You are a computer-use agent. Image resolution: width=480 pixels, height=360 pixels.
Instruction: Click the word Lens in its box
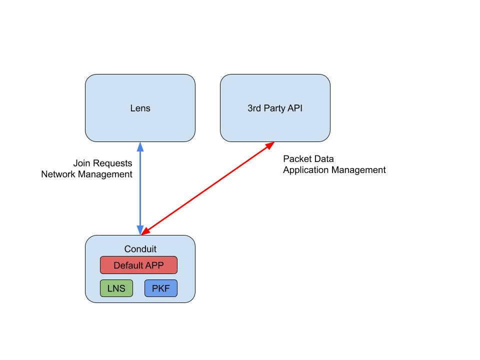(140, 108)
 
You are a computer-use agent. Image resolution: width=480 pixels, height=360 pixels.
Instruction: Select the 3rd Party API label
(275, 108)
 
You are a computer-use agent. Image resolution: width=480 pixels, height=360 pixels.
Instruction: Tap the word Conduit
(140, 249)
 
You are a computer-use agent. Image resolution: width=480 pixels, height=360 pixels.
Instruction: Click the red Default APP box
(138, 265)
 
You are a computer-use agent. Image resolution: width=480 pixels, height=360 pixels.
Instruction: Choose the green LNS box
(116, 288)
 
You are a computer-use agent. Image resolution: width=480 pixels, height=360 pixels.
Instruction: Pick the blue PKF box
(160, 288)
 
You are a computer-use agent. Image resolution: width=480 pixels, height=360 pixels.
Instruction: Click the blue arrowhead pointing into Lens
(140, 146)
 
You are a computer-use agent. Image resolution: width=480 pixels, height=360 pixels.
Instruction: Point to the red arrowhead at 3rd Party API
(270, 145)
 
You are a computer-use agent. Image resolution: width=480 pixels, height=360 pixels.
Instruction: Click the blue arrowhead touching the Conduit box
(140, 230)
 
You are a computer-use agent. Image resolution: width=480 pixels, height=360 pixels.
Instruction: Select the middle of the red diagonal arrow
(207, 188)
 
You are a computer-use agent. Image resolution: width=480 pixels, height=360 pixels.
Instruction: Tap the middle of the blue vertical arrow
(140, 188)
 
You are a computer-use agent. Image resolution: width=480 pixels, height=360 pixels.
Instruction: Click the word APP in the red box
(154, 265)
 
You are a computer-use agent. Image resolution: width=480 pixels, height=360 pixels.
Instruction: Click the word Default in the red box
(128, 265)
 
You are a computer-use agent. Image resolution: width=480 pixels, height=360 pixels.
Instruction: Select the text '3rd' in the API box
(254, 108)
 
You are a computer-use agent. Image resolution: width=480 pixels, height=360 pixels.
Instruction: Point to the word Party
(275, 108)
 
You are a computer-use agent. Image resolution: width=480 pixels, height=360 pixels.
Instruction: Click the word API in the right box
(295, 108)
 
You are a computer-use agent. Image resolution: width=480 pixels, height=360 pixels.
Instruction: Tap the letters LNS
(116, 288)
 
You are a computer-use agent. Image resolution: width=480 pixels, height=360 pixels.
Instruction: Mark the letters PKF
(160, 288)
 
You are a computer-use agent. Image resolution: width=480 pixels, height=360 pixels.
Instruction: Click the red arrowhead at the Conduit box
(145, 231)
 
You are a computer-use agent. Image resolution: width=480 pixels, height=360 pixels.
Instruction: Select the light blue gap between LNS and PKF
(138, 288)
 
